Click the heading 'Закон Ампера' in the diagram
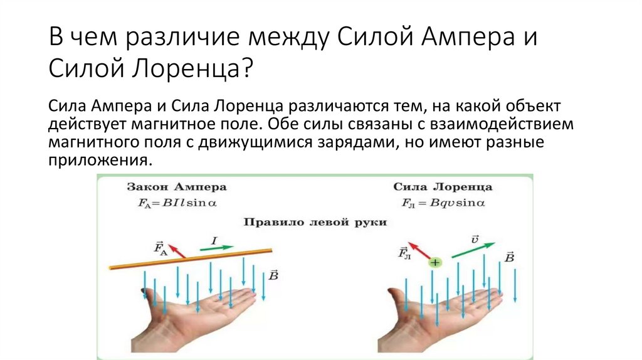[177, 187]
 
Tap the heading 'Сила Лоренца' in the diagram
[443, 187]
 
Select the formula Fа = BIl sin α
[177, 203]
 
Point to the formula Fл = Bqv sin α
[443, 203]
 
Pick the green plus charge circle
[434, 263]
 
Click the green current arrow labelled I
[217, 248]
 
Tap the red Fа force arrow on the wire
[177, 250]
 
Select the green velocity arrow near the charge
[471, 249]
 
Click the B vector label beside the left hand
[273, 275]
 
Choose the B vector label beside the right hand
[509, 257]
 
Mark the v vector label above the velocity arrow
[475, 238]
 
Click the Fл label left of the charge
[404, 253]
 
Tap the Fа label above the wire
[160, 247]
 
